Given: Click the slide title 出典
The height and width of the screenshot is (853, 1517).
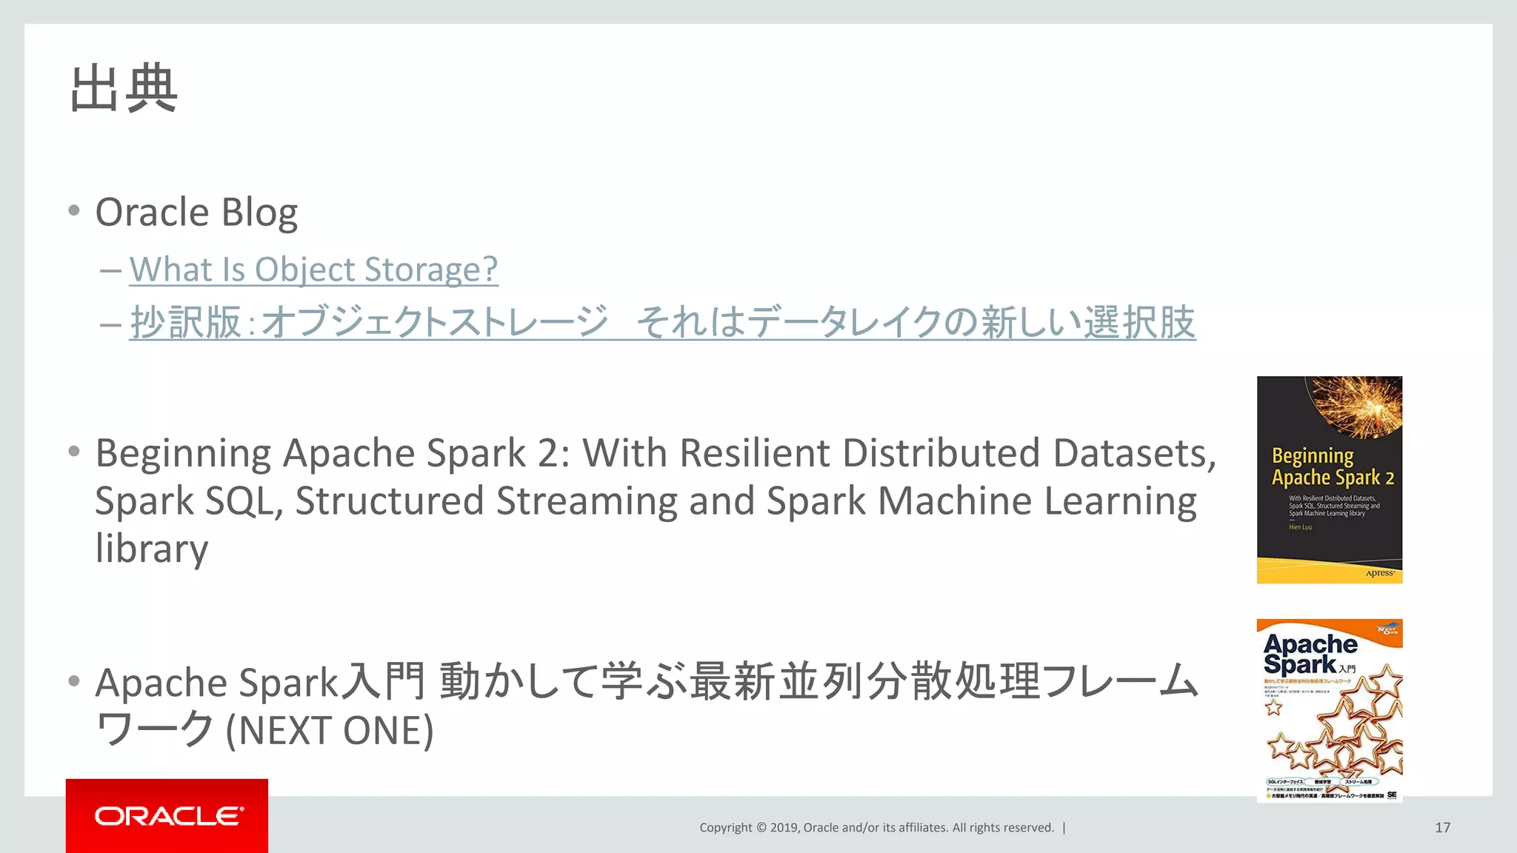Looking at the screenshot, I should pos(124,89).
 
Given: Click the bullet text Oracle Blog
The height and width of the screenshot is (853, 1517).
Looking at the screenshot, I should pos(196,213).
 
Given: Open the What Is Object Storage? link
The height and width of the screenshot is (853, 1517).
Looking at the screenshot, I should pos(313,270).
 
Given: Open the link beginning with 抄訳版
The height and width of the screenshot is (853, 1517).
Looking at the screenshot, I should pos(662,322).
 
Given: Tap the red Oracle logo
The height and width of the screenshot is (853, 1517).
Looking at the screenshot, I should pos(167,816).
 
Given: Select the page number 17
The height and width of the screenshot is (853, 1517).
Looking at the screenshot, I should pos(1442,828).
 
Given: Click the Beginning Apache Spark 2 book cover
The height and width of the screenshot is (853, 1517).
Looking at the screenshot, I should pos(1329,480).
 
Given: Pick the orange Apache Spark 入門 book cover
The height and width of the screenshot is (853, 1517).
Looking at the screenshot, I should pos(1329,711).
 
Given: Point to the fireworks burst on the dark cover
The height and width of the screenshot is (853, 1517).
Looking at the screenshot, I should pos(1358,406).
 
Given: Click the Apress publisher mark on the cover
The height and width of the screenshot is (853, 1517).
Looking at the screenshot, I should pos(1380,573).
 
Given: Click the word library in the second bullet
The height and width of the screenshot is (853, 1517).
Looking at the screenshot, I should pos(152,549).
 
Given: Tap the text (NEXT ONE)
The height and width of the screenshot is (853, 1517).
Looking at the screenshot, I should pos(330,731).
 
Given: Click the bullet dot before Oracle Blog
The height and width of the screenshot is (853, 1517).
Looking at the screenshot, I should pos(73,211).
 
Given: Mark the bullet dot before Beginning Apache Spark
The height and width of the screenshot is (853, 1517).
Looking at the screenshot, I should pos(73,452).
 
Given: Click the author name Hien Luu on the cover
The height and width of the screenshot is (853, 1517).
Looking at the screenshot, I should pos(1300,527).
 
